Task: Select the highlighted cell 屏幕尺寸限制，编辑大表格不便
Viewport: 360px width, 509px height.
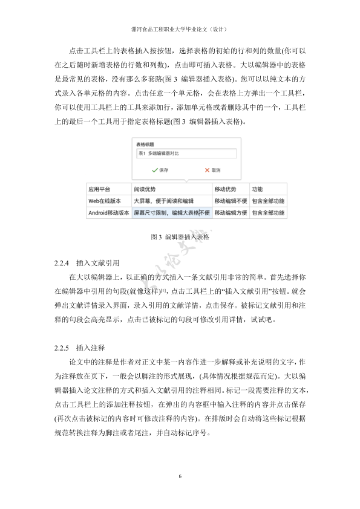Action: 172,213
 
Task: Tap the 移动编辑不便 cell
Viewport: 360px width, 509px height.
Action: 231,201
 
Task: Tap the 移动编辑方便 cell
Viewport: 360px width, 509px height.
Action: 231,213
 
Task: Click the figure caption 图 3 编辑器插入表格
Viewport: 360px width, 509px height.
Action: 180,238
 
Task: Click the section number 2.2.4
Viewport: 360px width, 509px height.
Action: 63,264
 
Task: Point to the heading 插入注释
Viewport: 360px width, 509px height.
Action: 91,349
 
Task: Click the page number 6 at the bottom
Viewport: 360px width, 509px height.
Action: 180,477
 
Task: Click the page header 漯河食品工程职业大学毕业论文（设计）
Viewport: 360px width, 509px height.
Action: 180,28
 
